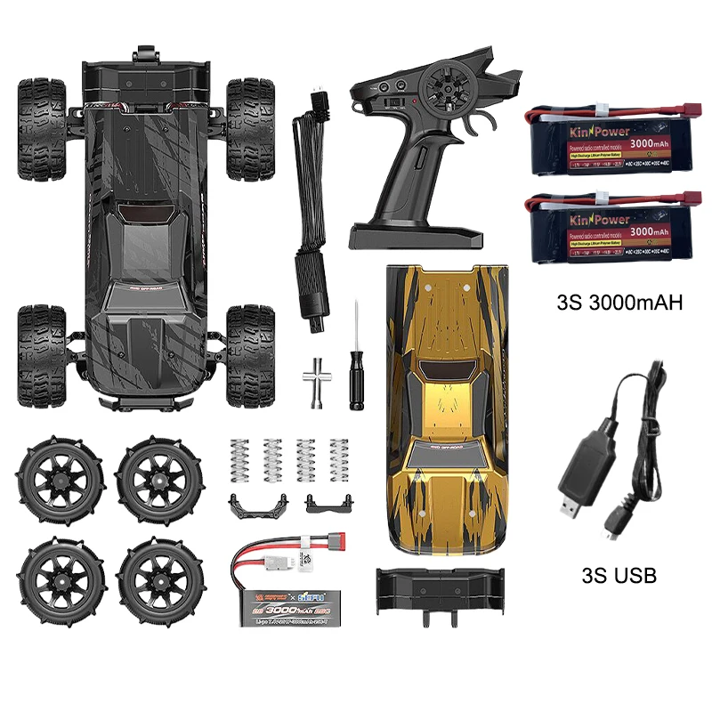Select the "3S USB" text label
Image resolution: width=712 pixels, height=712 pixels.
pos(619,575)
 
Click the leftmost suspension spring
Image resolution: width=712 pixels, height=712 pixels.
pos(239,460)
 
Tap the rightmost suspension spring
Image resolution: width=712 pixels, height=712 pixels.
pos(338,460)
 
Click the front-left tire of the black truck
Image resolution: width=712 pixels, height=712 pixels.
pos(41,116)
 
